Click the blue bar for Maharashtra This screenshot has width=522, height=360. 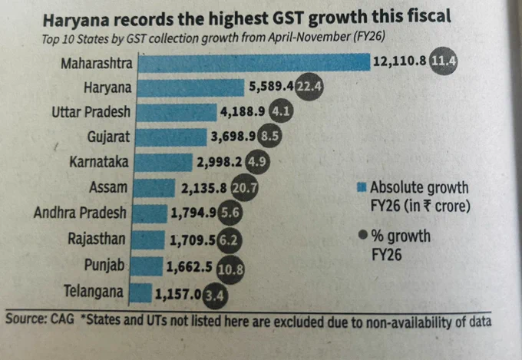[254, 63]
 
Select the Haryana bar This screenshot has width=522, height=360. [190, 88]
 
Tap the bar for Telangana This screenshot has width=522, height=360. [140, 292]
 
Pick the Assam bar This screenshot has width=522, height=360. [154, 188]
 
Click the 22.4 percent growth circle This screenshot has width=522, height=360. [309, 87]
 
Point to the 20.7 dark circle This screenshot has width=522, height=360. [244, 188]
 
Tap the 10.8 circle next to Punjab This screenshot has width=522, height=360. [230, 269]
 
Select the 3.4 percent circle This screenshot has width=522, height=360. [215, 296]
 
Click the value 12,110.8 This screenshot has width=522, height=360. [399, 61]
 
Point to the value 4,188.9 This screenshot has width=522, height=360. [243, 111]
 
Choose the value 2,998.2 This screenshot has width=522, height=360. [220, 162]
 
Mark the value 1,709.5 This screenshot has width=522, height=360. [193, 240]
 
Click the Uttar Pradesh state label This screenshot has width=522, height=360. [91, 112]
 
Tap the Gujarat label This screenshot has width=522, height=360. [108, 137]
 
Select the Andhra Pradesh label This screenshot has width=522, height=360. [80, 213]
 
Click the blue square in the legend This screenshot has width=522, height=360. [362, 187]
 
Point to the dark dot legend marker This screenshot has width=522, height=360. [363, 235]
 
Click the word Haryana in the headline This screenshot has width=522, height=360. [76, 21]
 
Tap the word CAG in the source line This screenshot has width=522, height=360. [62, 319]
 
